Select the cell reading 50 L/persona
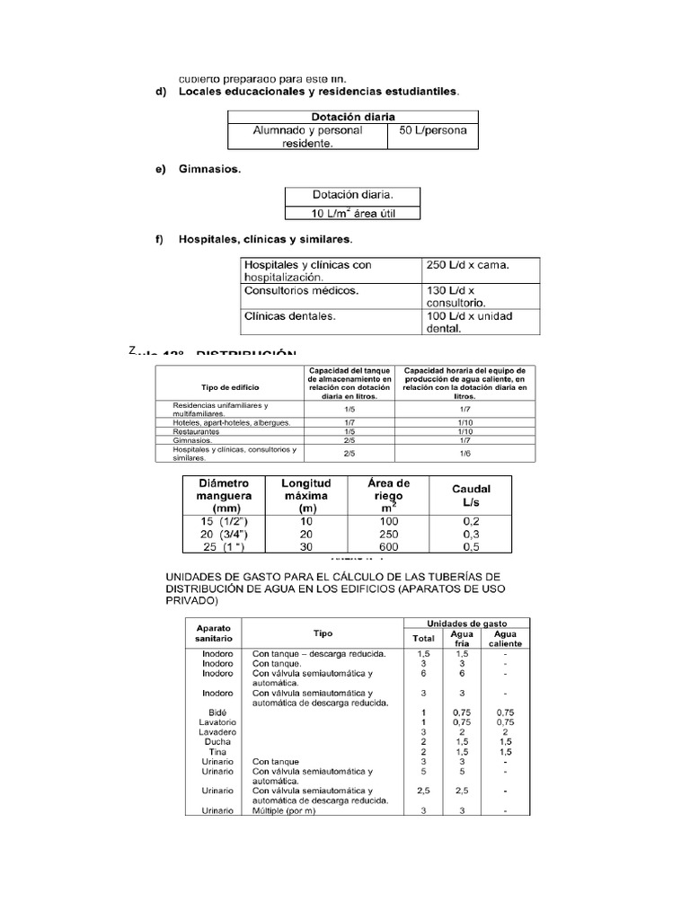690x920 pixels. pyautogui.click(x=432, y=130)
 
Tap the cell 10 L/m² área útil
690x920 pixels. pyautogui.click(x=351, y=212)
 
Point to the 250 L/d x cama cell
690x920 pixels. pyautogui.click(x=466, y=265)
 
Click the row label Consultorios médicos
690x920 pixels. pyautogui.click(x=301, y=291)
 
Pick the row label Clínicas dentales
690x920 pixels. pyautogui.click(x=290, y=316)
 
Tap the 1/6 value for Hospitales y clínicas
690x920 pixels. pyautogui.click(x=464, y=454)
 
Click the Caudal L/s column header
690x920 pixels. pyautogui.click(x=471, y=495)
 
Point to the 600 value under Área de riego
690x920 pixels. pyautogui.click(x=388, y=546)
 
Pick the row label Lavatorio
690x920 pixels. pyautogui.click(x=216, y=722)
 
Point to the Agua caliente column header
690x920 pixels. pyautogui.click(x=504, y=639)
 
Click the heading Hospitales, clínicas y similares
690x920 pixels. pyautogui.click(x=265, y=240)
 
